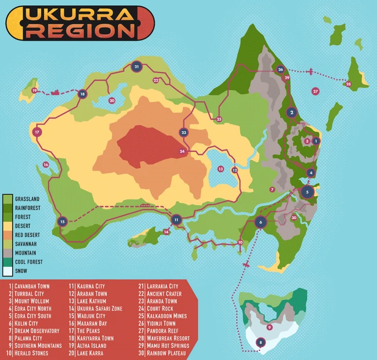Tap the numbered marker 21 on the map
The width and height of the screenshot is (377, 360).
(x=136, y=67)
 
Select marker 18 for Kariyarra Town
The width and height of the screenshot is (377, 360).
(x=82, y=93)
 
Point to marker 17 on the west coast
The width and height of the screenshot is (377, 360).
(x=37, y=132)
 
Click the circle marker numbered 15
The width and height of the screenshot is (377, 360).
(x=62, y=221)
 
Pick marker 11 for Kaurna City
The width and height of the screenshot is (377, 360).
(x=176, y=219)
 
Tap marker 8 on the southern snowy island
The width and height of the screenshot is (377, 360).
(x=261, y=343)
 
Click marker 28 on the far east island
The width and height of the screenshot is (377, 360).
(x=349, y=85)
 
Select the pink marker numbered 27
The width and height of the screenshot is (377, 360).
(x=316, y=91)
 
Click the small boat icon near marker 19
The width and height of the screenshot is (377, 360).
(x=56, y=91)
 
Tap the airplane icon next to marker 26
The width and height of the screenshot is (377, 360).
(x=311, y=72)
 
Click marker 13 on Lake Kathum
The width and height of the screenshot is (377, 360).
(x=220, y=168)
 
